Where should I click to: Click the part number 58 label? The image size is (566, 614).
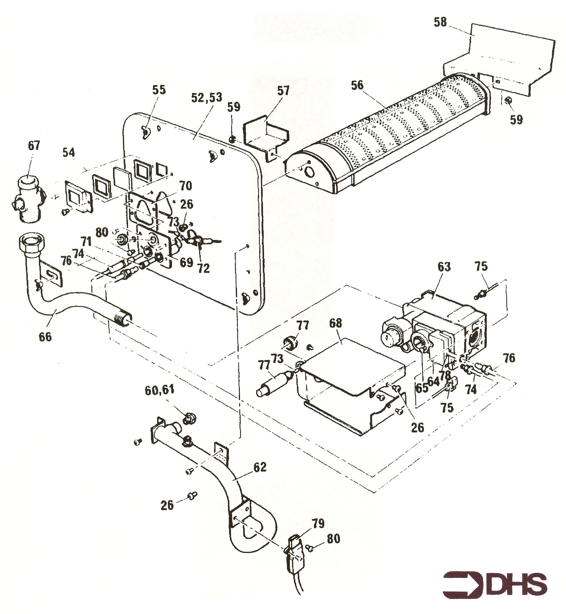click(440, 22)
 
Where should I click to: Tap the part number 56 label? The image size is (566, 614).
click(357, 85)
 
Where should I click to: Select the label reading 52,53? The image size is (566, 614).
click(206, 97)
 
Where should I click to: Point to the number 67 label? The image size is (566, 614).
click(34, 145)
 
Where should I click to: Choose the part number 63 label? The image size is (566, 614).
click(444, 267)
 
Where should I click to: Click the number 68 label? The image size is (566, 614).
click(336, 323)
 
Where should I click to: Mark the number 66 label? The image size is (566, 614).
click(45, 337)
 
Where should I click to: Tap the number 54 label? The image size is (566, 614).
click(69, 152)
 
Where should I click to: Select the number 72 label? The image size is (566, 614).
click(203, 269)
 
